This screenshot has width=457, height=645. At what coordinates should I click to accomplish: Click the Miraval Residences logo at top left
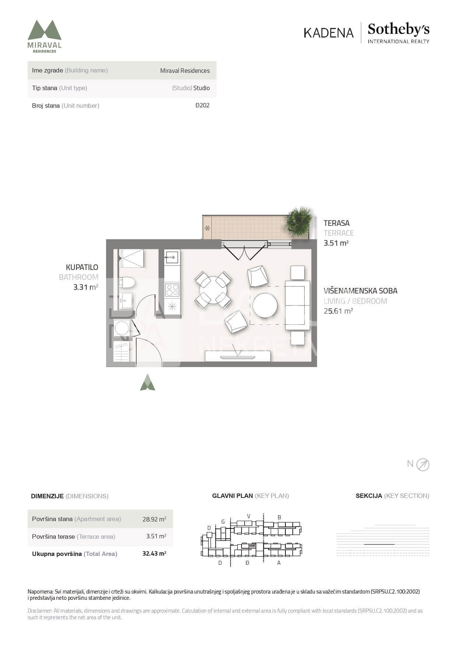[x=45, y=36]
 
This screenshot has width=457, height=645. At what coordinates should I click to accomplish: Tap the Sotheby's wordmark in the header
[x=398, y=29]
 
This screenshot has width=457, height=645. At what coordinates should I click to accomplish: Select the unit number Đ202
[x=203, y=105]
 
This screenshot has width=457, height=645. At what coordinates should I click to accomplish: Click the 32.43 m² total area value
[x=154, y=553]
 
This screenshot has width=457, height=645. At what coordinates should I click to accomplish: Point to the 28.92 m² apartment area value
[x=154, y=519]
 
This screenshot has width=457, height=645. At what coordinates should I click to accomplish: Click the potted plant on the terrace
[x=299, y=221]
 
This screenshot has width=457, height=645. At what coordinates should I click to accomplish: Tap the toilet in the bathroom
[x=127, y=282]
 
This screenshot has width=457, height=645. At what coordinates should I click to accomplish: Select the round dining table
[x=213, y=290]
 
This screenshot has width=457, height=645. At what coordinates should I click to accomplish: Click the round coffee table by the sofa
[x=265, y=305]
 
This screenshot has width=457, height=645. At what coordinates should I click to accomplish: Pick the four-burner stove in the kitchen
[x=172, y=290]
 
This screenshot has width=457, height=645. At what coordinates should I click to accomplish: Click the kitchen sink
[x=172, y=257]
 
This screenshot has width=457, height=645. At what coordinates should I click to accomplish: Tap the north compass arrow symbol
[x=423, y=465]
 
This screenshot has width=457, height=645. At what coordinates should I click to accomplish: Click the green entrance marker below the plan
[x=148, y=382]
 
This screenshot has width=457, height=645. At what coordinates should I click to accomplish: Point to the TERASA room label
[x=337, y=223]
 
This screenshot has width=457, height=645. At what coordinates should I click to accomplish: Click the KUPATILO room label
[x=82, y=267]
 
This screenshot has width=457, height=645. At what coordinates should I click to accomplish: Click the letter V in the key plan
[x=249, y=516]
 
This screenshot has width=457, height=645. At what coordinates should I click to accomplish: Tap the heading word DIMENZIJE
[x=47, y=496]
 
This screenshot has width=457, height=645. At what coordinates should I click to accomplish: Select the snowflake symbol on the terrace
[x=207, y=228]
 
